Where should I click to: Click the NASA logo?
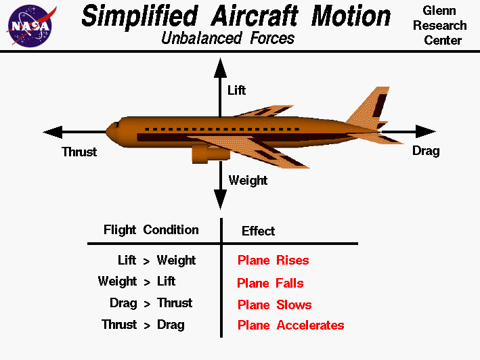point(29,24)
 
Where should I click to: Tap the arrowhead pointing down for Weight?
point(219,199)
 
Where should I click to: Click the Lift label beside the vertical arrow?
point(236,90)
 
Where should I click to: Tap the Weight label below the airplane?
point(248,180)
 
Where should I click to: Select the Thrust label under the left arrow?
point(79,152)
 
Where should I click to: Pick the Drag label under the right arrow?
point(426,151)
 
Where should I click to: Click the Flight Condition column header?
point(151,229)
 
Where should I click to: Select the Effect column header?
point(258,231)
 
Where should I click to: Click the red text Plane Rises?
point(273,261)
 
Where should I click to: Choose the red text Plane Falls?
point(270,283)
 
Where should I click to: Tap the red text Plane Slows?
point(274,305)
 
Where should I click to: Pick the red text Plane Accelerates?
point(290,325)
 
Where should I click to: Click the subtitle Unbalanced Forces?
point(228,38)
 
